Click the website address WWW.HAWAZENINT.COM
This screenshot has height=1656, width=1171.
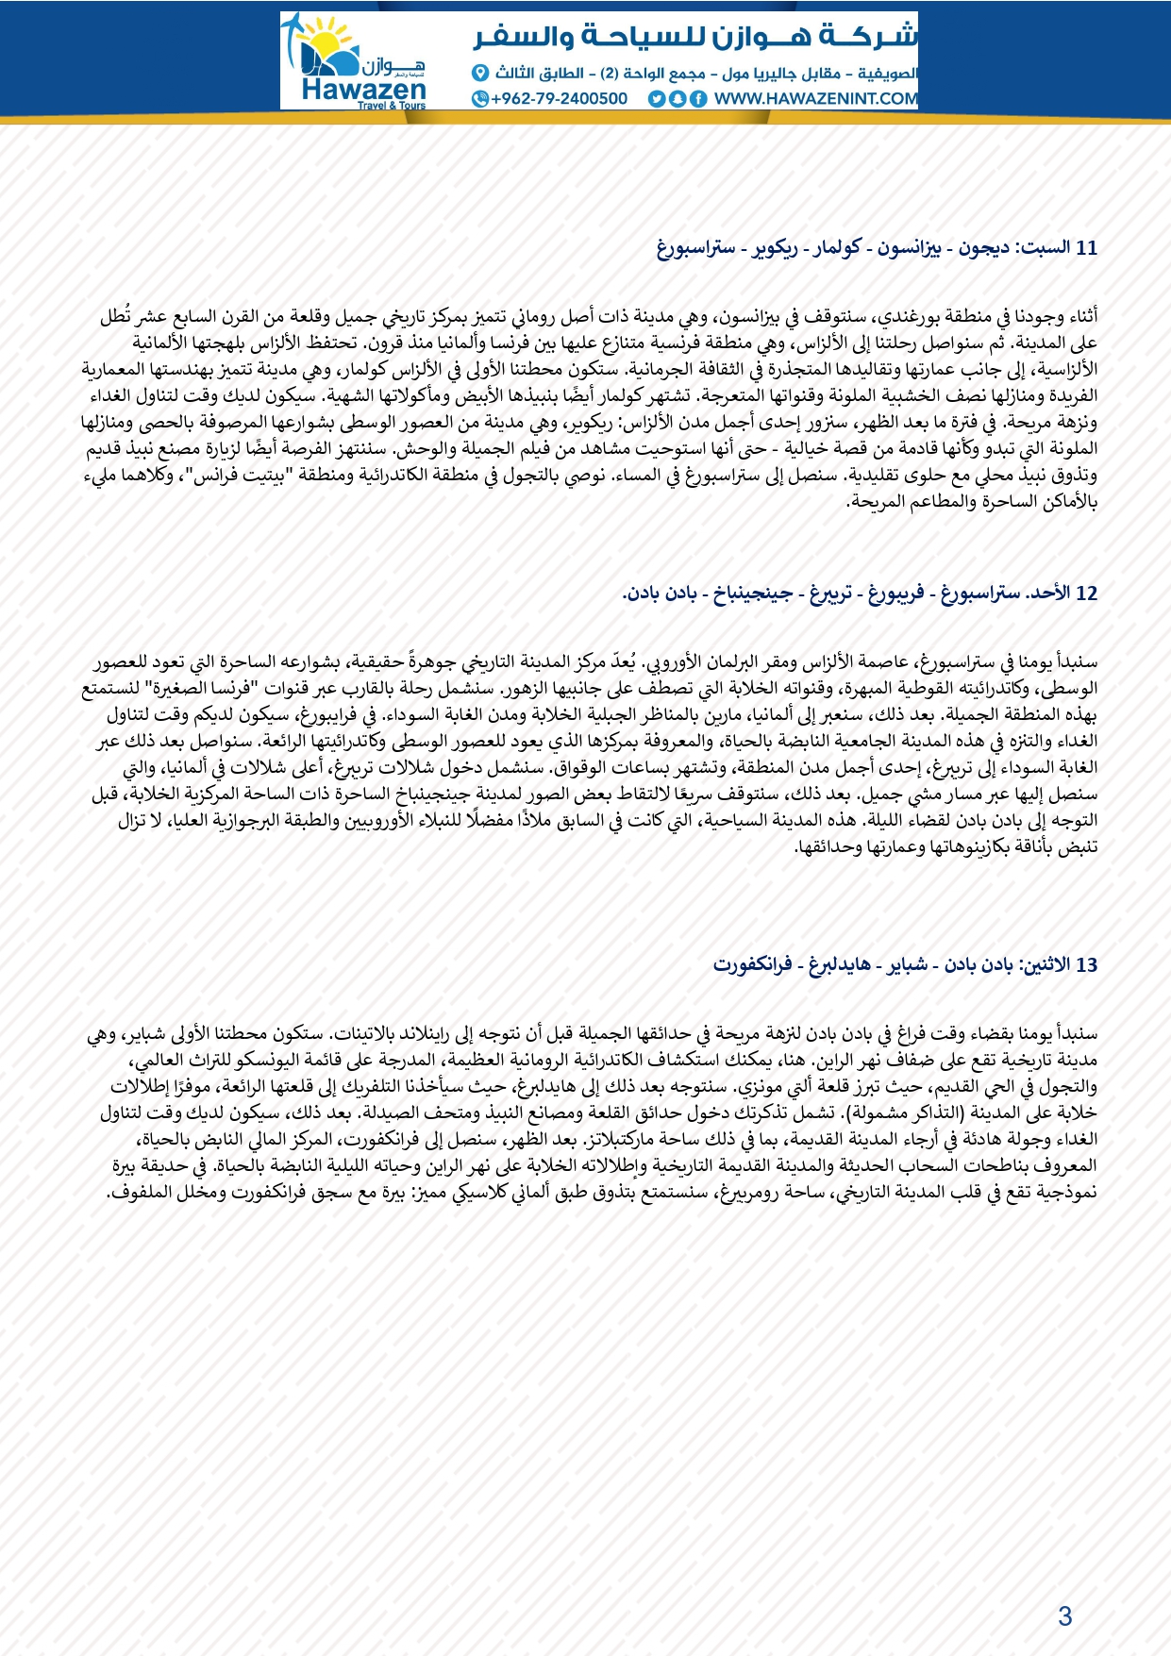pyautogui.click(x=815, y=98)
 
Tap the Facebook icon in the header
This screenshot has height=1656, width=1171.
pyautogui.click(x=698, y=98)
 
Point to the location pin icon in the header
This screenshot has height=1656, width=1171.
pyautogui.click(x=479, y=73)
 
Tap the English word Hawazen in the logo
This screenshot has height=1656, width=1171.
pyautogui.click(x=363, y=90)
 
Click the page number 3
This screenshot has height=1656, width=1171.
pyautogui.click(x=1064, y=1616)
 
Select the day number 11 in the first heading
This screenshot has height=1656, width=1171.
pyautogui.click(x=1087, y=248)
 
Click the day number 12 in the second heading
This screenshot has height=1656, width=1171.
pyautogui.click(x=1087, y=594)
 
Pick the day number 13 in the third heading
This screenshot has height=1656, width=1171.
pyautogui.click(x=1087, y=965)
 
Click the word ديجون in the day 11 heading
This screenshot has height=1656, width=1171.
pyautogui.click(x=984, y=248)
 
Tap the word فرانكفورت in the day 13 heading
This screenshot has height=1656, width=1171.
pyautogui.click(x=752, y=965)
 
